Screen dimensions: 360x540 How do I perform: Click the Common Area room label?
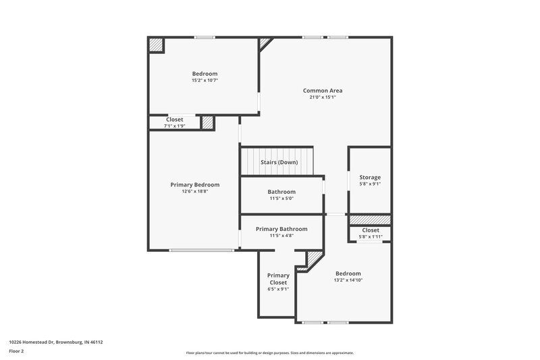coord(319,90)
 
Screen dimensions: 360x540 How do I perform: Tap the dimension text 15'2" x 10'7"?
coord(205,80)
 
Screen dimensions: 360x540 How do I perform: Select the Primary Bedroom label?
coord(194,184)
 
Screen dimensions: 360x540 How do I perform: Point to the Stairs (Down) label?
coord(279,162)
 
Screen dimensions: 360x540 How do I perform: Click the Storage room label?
coord(369,177)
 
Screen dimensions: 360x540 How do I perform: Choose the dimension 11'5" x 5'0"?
coord(281,199)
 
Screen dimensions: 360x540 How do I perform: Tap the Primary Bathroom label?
coord(281,229)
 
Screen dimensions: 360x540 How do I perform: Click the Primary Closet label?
coord(278,279)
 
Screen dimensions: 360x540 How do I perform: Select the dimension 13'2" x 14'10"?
coord(348,280)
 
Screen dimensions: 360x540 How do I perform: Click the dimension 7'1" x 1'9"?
coord(174,126)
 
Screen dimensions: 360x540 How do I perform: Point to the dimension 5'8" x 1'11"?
coord(370,236)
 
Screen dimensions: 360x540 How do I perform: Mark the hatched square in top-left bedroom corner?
coord(157,45)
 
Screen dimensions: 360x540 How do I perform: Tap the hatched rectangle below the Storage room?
coord(369,220)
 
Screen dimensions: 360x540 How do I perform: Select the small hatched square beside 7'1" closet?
coord(208,123)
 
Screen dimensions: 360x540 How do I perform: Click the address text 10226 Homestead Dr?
coord(55,342)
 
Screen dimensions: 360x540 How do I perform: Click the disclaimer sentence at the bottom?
coord(269,353)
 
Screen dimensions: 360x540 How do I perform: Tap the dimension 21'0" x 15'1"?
coord(319,97)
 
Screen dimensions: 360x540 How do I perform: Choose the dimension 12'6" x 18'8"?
coord(194,192)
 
